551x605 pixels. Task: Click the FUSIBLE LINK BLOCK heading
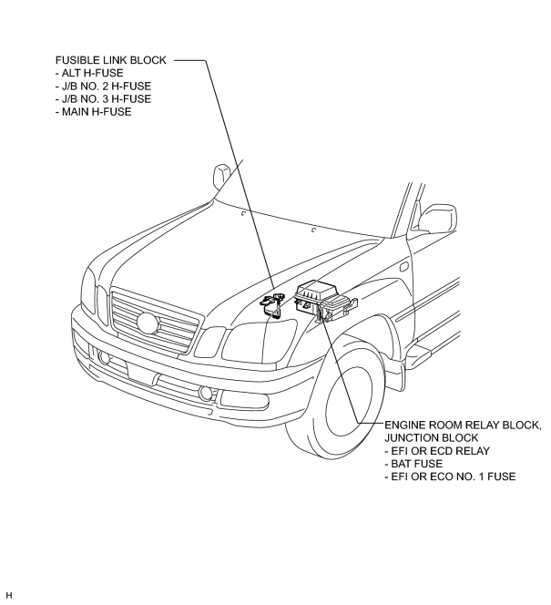(x=111, y=60)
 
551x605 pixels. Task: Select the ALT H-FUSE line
(x=89, y=73)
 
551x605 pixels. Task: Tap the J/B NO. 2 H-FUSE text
(x=103, y=86)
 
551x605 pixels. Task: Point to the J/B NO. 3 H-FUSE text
(x=103, y=98)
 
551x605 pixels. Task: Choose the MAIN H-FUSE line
(x=93, y=111)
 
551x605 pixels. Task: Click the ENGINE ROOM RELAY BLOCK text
(x=463, y=426)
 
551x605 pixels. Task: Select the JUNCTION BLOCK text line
(x=431, y=438)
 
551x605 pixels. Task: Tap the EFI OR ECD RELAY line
(x=437, y=451)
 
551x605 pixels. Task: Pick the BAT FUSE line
(x=413, y=464)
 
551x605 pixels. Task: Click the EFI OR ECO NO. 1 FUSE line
(x=450, y=477)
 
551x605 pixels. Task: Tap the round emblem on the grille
(x=148, y=323)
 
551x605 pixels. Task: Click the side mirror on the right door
(x=437, y=219)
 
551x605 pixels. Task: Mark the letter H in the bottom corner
(x=10, y=595)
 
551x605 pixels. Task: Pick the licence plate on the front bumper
(x=141, y=374)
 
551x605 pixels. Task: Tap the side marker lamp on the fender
(x=404, y=266)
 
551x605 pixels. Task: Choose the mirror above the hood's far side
(x=221, y=177)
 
